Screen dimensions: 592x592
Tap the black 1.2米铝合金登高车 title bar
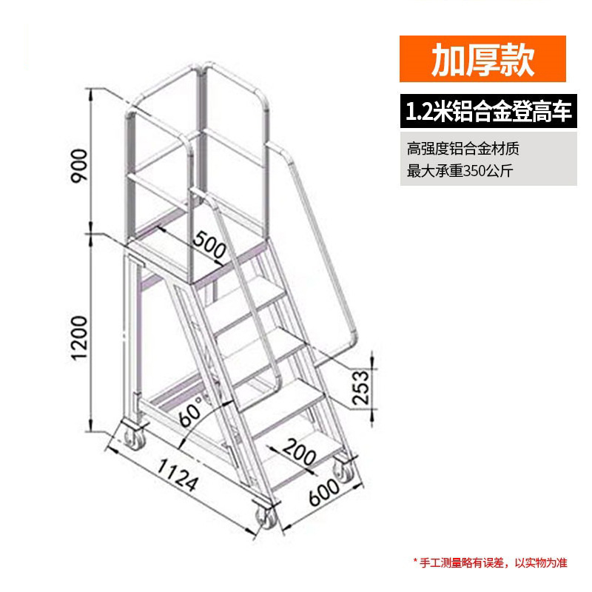point(488,112)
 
